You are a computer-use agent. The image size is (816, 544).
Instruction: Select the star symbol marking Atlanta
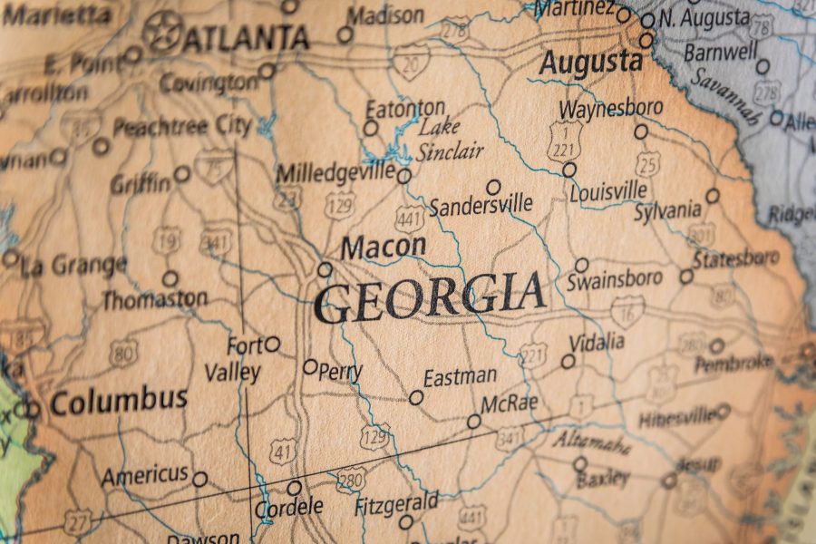tap(162, 31)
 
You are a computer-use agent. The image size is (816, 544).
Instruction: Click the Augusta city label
tap(590, 63)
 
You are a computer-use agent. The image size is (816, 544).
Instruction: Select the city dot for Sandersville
tap(493, 187)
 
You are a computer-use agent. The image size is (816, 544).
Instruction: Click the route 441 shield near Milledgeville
tap(410, 218)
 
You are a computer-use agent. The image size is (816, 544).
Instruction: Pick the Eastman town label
tap(460, 375)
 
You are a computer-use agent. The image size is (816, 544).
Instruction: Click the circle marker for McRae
tap(473, 422)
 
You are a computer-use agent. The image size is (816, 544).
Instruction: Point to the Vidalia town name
tap(597, 343)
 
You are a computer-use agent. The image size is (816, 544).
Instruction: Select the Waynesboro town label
tap(610, 109)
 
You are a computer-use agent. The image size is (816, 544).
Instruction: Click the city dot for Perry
tap(310, 367)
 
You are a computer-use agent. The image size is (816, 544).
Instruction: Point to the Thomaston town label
tap(154, 298)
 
